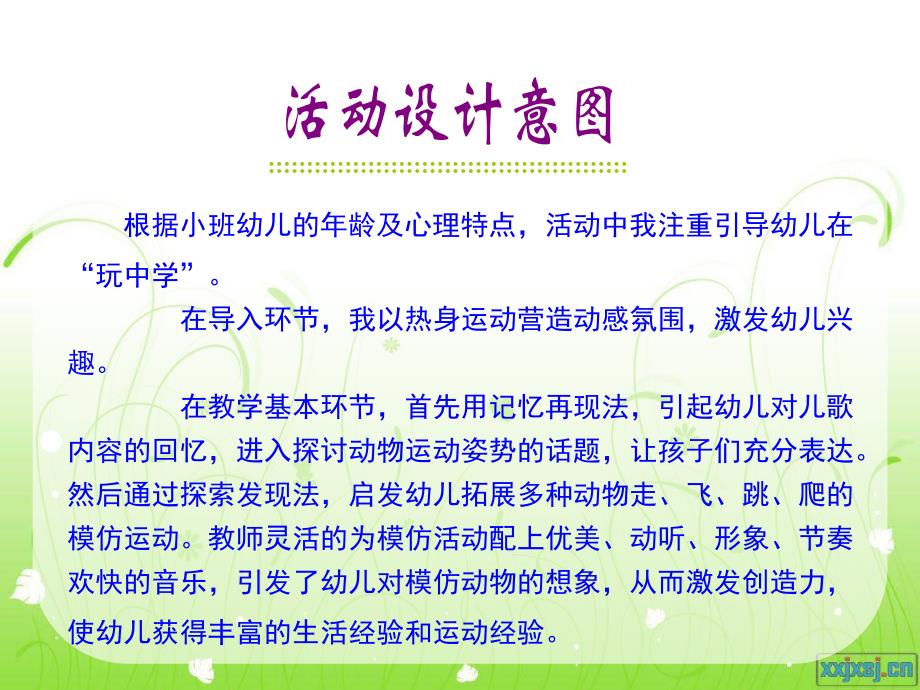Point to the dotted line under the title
coord(449,167)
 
